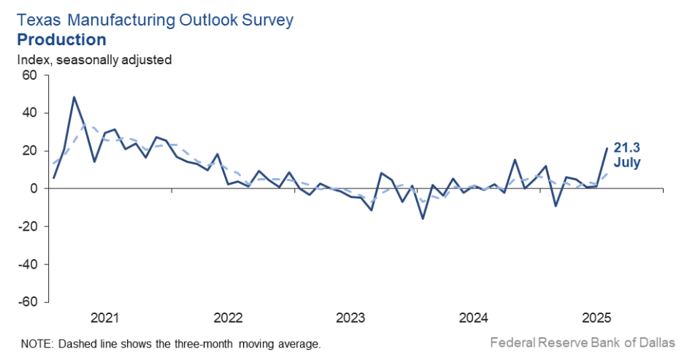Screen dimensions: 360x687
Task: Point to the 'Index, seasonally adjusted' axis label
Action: point(95,60)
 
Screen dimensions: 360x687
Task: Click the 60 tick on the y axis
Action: point(29,75)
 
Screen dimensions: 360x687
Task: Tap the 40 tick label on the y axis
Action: point(29,113)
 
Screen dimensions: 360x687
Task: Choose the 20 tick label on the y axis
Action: point(29,151)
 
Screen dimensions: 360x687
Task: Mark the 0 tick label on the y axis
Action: point(33,189)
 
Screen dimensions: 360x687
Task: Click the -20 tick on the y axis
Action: point(27,226)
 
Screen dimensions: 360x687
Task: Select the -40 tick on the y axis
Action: point(27,264)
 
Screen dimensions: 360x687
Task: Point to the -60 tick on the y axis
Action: point(27,302)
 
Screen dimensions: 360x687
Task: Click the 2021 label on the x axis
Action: point(104,318)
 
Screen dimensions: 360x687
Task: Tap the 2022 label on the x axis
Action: point(228,318)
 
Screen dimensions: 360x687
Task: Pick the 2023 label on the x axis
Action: point(350,318)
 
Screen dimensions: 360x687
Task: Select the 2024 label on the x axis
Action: point(473,318)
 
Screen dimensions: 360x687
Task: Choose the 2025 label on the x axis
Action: point(596,318)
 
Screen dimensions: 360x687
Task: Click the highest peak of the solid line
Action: point(74,97)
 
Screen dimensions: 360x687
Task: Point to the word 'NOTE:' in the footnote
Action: point(36,343)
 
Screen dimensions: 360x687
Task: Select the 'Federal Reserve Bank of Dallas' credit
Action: point(583,342)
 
